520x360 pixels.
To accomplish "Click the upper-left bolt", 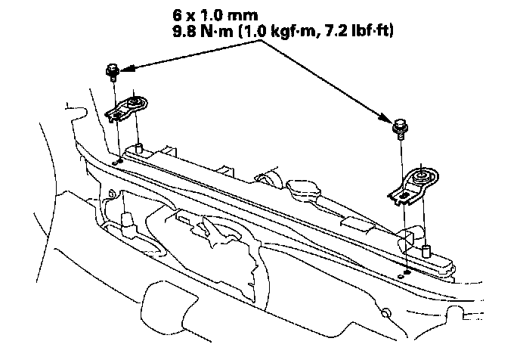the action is click(113, 73).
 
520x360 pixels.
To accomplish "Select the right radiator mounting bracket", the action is click(413, 185).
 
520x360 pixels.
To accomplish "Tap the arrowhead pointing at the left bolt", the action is click(128, 68).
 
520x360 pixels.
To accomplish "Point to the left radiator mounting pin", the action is click(138, 148).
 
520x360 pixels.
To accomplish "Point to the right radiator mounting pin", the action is click(426, 251).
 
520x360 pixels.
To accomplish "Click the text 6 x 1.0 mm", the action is click(215, 15).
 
